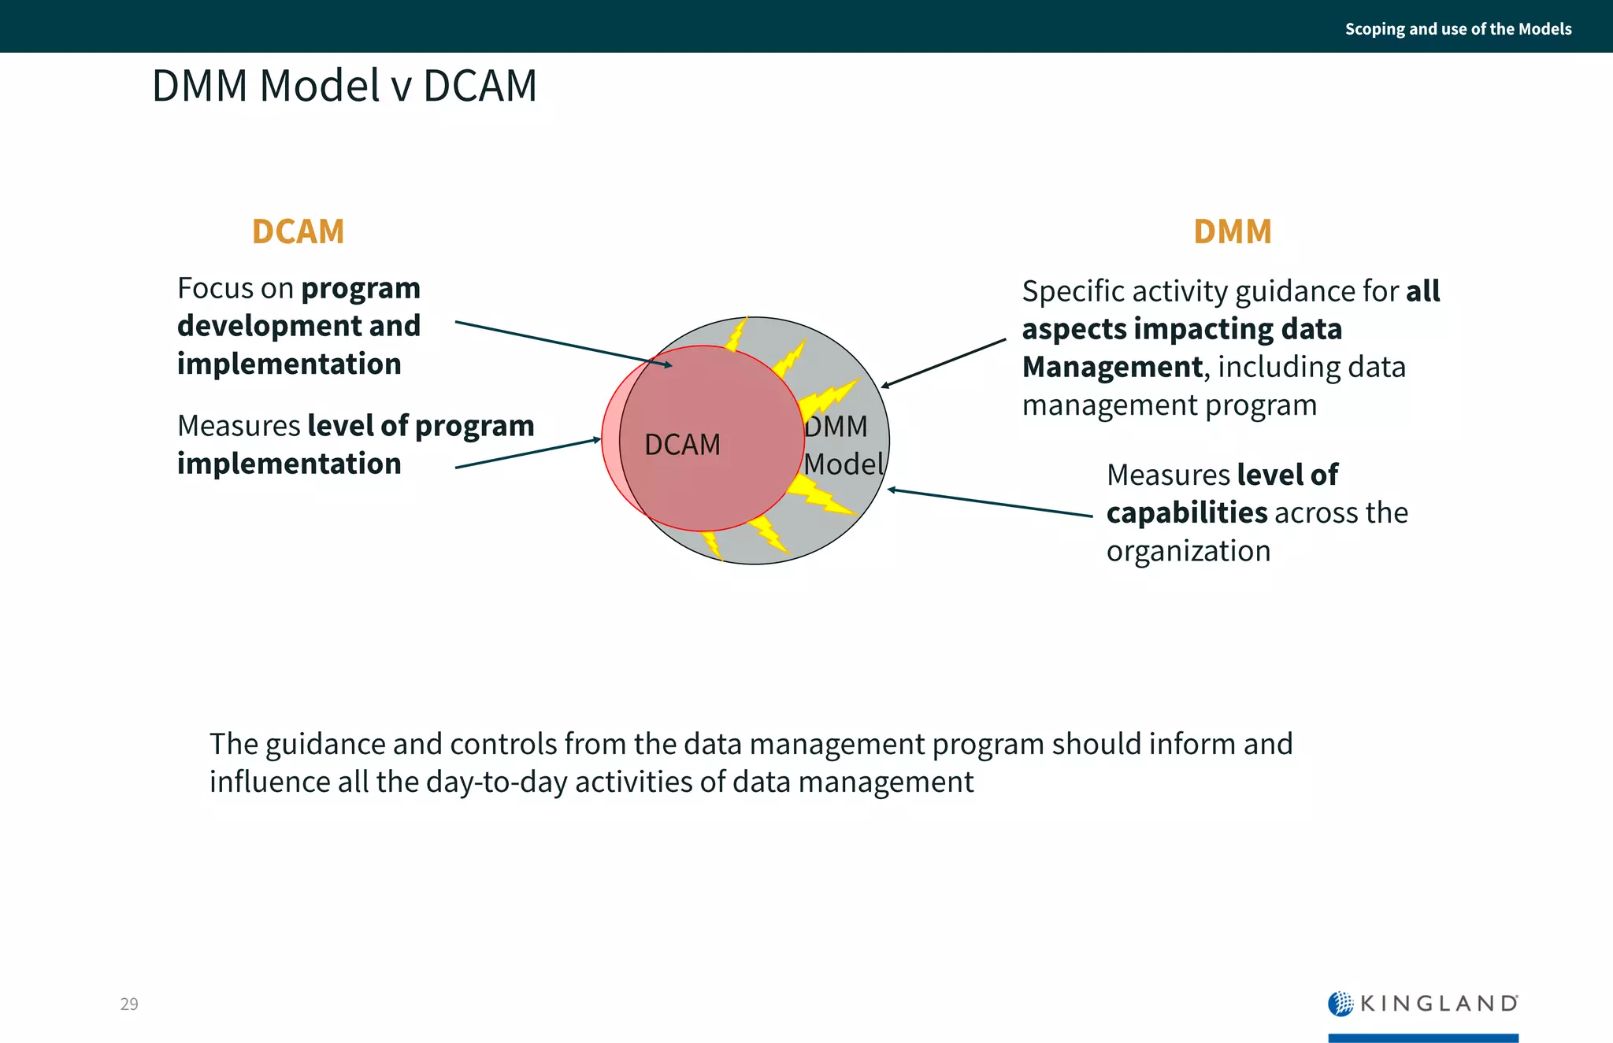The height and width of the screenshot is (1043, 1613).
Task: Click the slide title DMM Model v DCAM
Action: [344, 86]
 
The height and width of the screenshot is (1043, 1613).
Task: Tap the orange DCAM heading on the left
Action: [298, 231]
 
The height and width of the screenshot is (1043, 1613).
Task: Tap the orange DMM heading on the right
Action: [1233, 231]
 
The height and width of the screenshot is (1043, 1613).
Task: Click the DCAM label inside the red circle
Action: [682, 445]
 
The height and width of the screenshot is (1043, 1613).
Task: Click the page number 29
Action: [129, 1004]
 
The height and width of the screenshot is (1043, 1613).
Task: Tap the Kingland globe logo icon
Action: [1340, 1004]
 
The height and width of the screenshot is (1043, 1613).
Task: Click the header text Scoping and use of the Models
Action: [1458, 29]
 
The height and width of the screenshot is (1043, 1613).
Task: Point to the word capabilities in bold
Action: [1186, 513]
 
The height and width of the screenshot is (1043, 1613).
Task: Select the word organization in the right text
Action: [1188, 551]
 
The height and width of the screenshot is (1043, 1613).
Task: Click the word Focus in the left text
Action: [215, 289]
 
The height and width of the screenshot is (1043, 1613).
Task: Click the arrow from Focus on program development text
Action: [563, 344]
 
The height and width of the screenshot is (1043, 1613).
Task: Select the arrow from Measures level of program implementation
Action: [528, 453]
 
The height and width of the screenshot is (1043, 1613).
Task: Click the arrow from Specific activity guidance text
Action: [943, 363]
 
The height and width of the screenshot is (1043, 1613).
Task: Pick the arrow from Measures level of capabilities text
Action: [989, 502]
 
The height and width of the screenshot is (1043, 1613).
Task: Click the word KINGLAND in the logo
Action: [1438, 1004]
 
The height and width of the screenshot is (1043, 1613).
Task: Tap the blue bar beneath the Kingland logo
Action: [1422, 1038]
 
